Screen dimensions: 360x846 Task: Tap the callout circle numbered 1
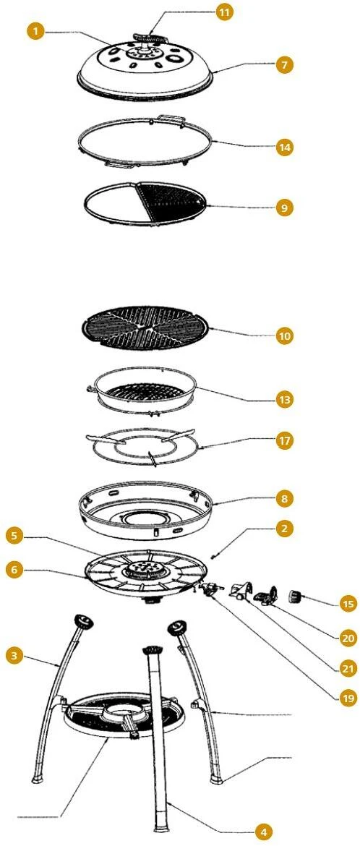(35, 31)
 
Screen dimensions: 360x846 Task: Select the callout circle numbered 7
(284, 65)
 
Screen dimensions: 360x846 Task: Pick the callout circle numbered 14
(284, 147)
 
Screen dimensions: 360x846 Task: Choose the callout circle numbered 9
(284, 208)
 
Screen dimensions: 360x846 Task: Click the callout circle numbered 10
(284, 336)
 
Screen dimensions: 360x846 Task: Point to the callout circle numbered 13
(284, 400)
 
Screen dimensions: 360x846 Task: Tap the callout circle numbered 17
(284, 440)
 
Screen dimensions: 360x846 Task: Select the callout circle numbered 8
(284, 499)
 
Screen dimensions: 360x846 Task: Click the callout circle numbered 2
(284, 528)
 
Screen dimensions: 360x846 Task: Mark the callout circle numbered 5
(15, 537)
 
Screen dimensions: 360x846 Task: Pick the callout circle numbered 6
(15, 569)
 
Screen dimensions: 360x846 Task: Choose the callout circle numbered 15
(348, 603)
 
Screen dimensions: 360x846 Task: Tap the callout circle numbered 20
(348, 638)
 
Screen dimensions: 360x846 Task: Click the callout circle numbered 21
(348, 670)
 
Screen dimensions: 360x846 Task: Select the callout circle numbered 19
(348, 698)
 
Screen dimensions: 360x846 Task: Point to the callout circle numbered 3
(15, 656)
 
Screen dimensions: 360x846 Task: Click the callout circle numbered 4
(263, 832)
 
